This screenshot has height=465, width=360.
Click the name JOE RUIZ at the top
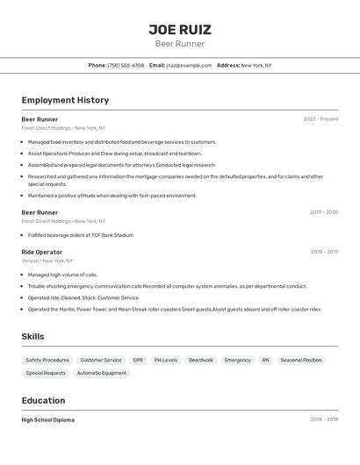180,30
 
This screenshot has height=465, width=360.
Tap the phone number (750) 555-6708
126,65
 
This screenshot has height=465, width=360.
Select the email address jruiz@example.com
189,65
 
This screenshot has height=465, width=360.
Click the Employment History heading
65,100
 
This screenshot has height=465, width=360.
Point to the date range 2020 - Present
320,119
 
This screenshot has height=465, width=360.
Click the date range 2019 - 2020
324,212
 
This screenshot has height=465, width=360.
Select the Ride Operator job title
42,252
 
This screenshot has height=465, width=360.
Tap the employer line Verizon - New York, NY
47,261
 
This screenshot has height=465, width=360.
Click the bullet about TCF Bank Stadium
81,235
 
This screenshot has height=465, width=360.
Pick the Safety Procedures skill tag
47,360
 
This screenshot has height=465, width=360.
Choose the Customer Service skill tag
101,360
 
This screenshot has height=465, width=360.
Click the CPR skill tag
138,360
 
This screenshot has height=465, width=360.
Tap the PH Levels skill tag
166,360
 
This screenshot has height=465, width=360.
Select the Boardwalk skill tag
201,360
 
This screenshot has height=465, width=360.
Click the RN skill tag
265,360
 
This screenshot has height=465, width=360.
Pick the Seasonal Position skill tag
301,360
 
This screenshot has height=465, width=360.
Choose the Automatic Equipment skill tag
102,373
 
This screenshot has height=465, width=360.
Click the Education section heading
44,400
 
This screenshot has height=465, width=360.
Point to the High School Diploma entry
48,420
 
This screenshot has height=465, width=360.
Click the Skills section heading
33,336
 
